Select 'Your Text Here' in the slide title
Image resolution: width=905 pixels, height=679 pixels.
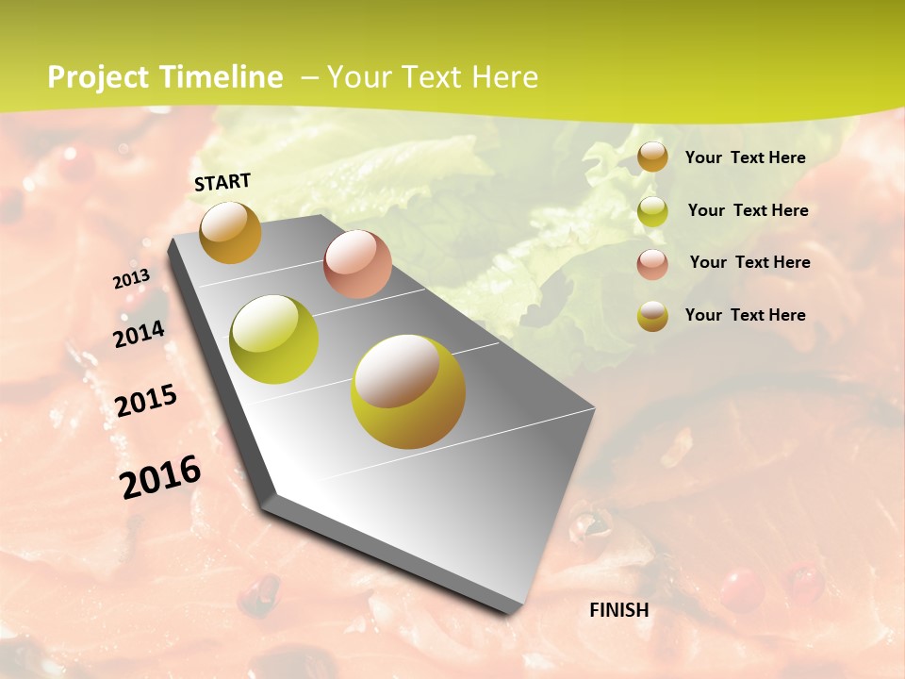432,77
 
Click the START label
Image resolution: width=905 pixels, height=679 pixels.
222,182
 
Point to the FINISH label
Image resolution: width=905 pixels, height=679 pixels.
619,610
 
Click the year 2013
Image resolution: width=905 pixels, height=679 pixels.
131,279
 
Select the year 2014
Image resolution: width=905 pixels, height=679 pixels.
139,334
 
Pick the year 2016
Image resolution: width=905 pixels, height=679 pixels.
160,477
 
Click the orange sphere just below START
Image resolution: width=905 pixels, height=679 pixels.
230,232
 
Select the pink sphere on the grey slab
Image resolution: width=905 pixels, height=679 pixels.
357,264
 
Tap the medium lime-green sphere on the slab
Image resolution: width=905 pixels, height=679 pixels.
274,339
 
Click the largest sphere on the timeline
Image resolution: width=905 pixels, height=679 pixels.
408,391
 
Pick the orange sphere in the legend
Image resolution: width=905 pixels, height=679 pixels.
652,157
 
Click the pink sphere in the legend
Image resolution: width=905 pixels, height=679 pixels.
652,264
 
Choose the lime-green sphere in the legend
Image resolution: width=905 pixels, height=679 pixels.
652,211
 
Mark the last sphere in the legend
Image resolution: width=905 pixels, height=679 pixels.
652,316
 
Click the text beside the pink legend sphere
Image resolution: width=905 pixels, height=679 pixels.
749,262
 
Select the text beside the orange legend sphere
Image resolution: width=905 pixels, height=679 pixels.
745,157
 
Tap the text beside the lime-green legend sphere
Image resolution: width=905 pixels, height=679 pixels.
748,210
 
